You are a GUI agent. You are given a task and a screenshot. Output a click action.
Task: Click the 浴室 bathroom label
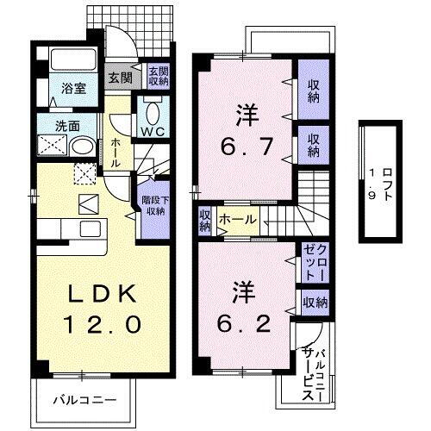(72, 88)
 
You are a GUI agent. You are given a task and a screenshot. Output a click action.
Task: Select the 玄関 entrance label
(119, 77)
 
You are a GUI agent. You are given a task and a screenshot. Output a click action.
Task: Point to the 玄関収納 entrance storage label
(158, 77)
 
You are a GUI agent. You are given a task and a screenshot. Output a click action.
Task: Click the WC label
(155, 132)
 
